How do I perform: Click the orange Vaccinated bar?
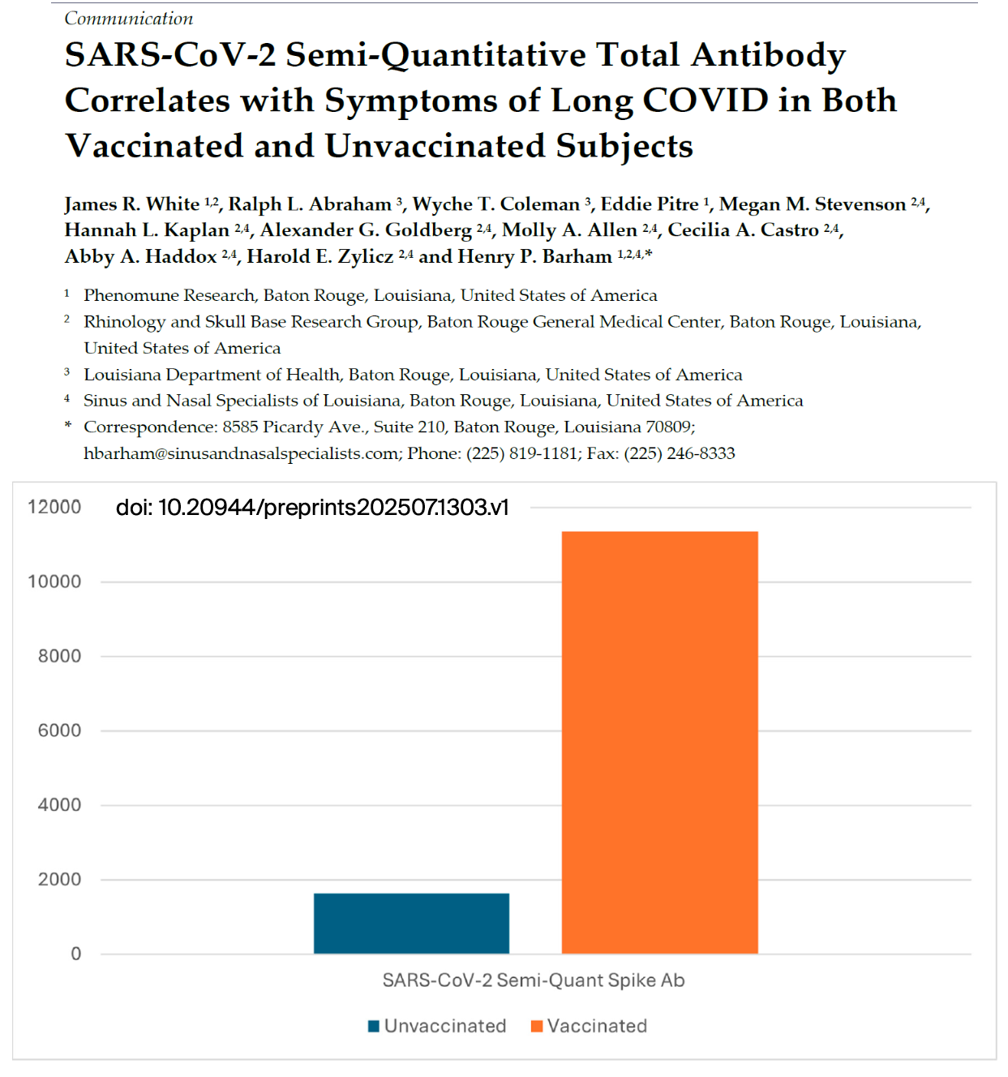[659, 742]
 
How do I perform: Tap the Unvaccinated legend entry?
[437, 1026]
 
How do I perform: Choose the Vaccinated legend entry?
[590, 1026]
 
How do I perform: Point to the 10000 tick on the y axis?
[54, 581]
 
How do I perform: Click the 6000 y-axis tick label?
[59, 730]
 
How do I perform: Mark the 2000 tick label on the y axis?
[59, 879]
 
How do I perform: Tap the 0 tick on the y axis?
[75, 954]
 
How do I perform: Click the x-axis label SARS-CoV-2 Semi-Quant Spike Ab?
[534, 980]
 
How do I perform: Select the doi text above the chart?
[312, 508]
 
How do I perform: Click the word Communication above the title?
[129, 18]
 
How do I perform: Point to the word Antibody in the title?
[768, 55]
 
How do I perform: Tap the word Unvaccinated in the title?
[435, 146]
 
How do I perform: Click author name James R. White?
[132, 204]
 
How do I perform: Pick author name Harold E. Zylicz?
[320, 256]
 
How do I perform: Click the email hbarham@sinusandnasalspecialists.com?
[242, 453]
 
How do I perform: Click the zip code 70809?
[668, 427]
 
